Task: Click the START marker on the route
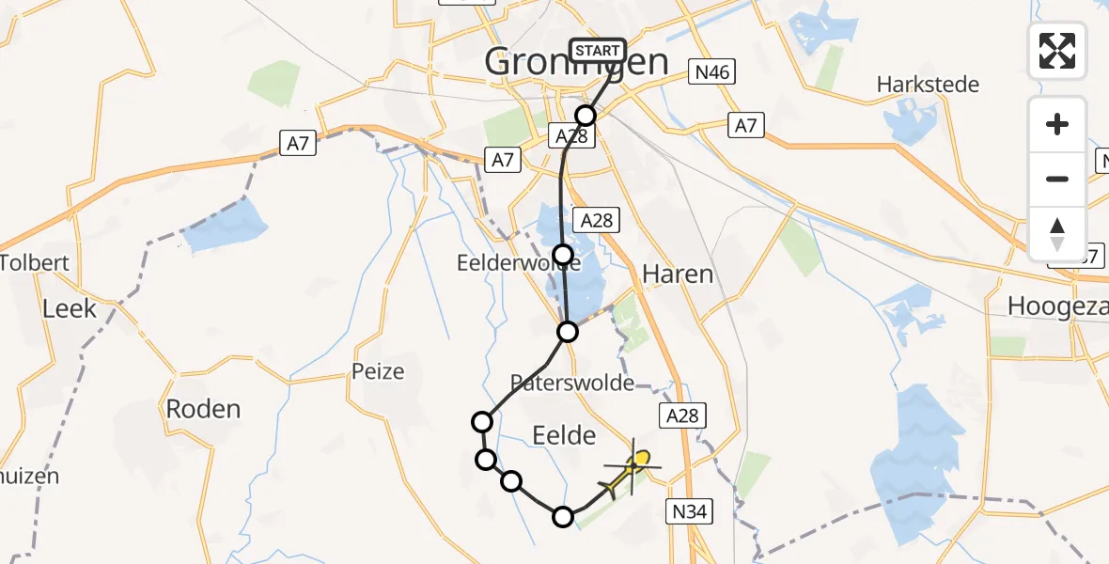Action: click(x=597, y=51)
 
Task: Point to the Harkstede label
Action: click(x=928, y=85)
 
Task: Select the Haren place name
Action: click(x=677, y=274)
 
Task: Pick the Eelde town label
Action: click(x=564, y=435)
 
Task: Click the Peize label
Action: click(x=379, y=371)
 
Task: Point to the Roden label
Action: click(x=203, y=409)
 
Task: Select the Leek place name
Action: click(x=70, y=307)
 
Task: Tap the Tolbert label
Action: click(x=36, y=262)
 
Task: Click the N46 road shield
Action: click(x=711, y=71)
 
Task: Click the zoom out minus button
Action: click(x=1057, y=179)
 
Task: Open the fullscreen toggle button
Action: click(x=1057, y=50)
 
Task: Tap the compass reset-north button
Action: click(x=1057, y=233)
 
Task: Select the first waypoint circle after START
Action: click(x=586, y=116)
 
